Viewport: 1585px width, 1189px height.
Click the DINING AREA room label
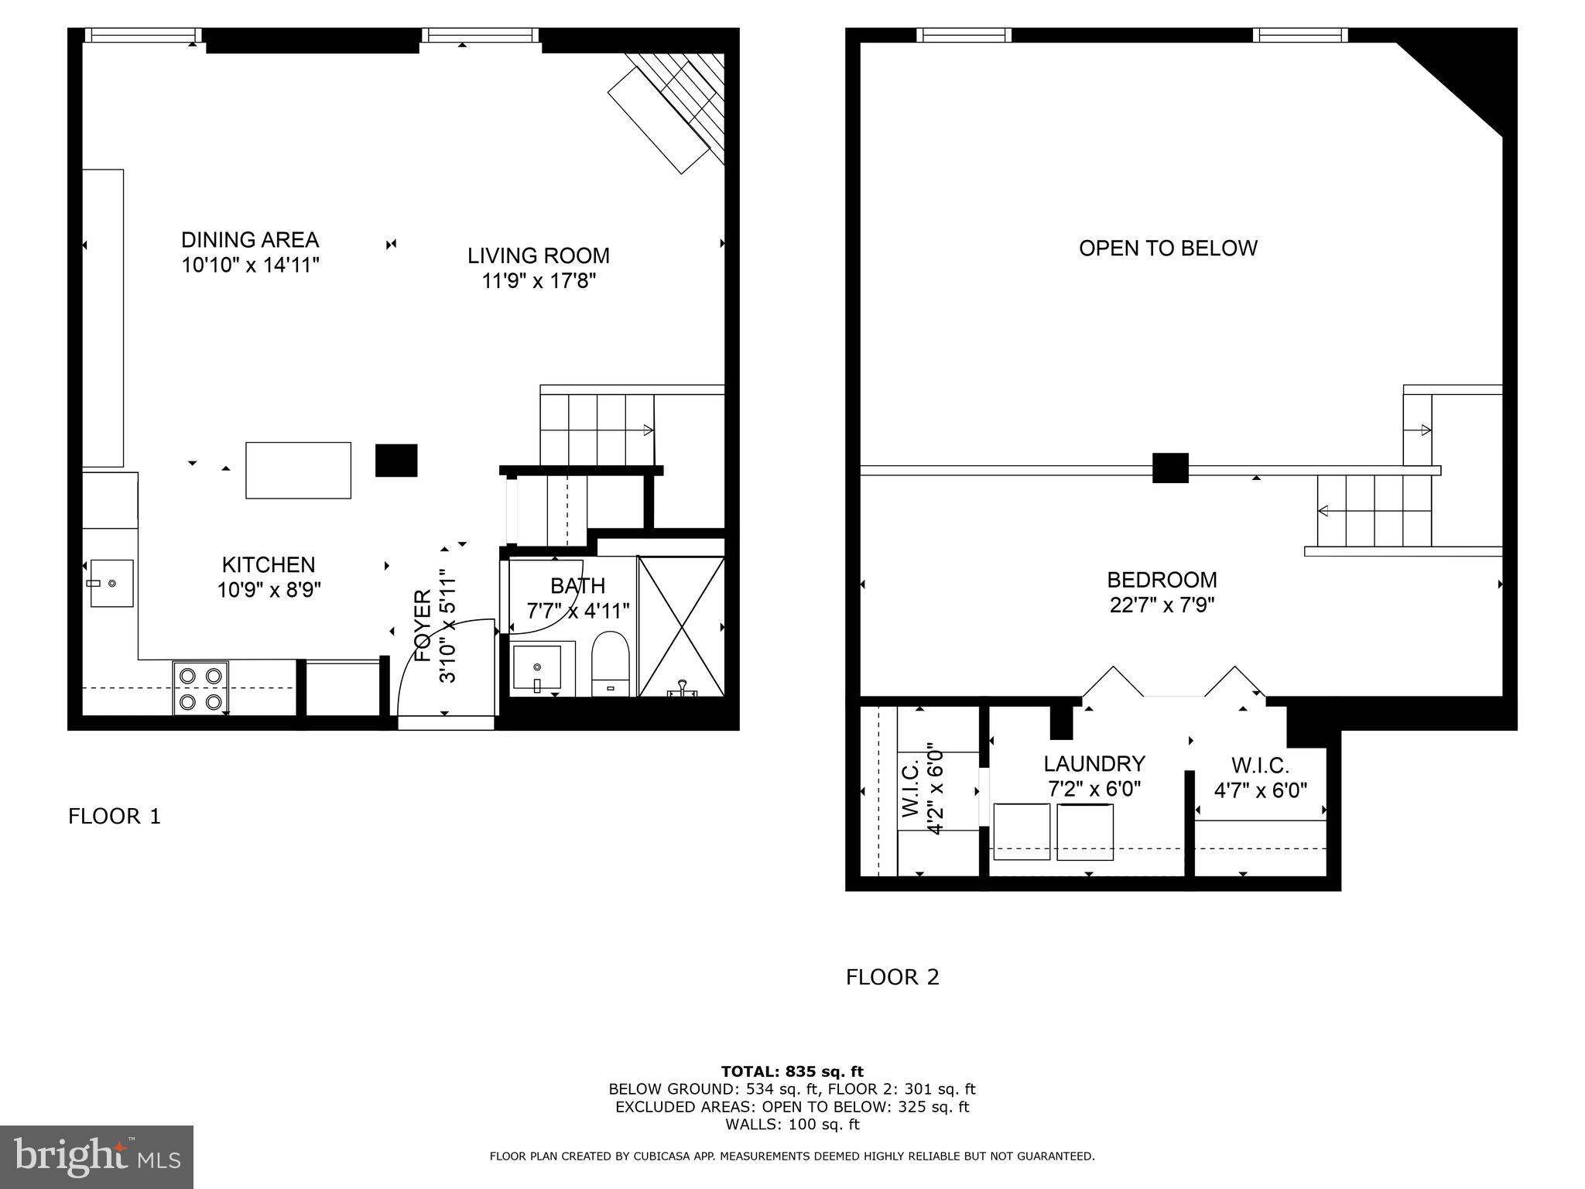pos(250,240)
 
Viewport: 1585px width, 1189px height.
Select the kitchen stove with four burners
pos(200,688)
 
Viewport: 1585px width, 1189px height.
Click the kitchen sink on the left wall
pos(111,583)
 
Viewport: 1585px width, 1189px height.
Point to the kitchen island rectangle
pos(298,470)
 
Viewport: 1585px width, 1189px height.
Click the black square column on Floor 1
pos(396,460)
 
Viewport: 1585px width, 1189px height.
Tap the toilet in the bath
pos(611,663)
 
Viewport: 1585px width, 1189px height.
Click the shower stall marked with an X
pos(681,625)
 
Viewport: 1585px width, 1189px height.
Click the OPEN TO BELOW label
pos(1168,248)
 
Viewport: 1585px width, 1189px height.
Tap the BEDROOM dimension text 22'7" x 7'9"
pos(1162,605)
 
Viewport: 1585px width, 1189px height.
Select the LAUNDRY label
pos(1094,764)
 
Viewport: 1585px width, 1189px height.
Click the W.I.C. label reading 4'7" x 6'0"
pos(1260,766)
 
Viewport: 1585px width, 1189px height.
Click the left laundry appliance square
pos(1022,831)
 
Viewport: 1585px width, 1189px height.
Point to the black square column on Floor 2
pos(1169,468)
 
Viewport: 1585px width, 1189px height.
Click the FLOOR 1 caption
pos(115,817)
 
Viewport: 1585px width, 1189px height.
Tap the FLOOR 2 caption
pos(892,978)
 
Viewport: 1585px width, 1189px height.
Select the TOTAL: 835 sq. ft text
pos(792,1071)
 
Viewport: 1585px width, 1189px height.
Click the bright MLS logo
pos(97,1156)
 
